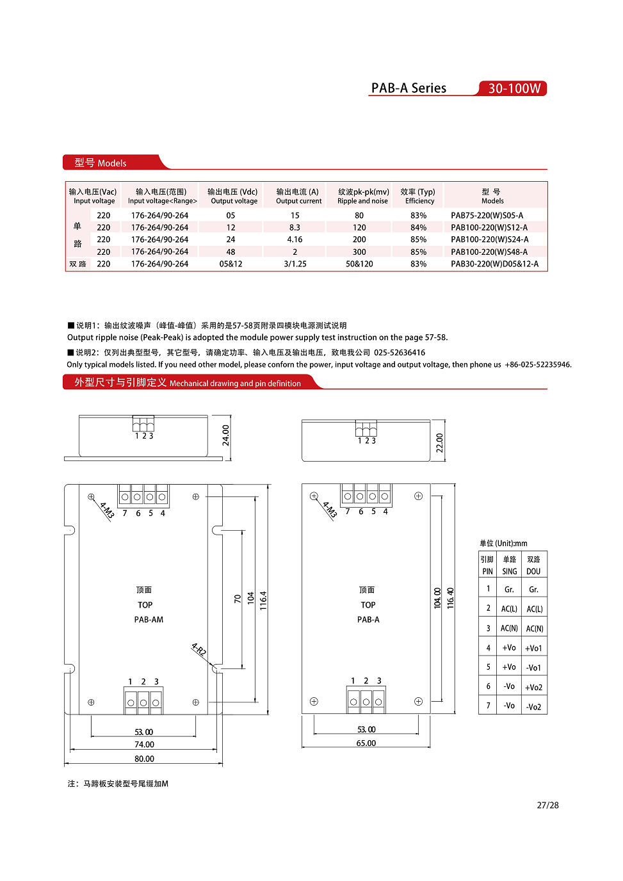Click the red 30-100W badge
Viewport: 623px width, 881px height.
click(x=514, y=88)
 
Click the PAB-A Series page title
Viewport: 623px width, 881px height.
click(x=409, y=88)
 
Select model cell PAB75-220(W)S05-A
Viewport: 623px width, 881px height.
click(x=487, y=216)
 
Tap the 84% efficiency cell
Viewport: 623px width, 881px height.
click(x=418, y=228)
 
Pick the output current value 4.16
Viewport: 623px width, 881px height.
click(x=295, y=240)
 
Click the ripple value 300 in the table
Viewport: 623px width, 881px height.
click(x=359, y=252)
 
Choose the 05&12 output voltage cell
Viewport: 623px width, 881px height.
click(x=231, y=264)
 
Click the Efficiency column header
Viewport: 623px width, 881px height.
click(x=418, y=196)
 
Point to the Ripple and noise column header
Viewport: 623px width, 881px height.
click(x=363, y=196)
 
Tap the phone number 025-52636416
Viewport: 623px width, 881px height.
click(x=400, y=353)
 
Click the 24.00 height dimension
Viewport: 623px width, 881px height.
click(x=226, y=435)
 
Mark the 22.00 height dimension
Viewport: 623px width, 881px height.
click(x=440, y=443)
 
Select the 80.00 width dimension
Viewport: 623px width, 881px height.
click(x=144, y=759)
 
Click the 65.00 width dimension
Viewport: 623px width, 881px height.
click(x=366, y=743)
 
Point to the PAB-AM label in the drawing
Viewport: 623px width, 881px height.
click(x=149, y=620)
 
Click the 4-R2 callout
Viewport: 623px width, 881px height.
click(x=198, y=650)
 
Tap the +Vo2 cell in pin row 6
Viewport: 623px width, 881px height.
click(x=533, y=688)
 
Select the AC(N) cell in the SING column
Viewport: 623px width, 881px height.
click(x=509, y=629)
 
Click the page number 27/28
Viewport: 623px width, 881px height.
click(x=547, y=805)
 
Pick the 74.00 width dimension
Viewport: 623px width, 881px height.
click(x=144, y=745)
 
